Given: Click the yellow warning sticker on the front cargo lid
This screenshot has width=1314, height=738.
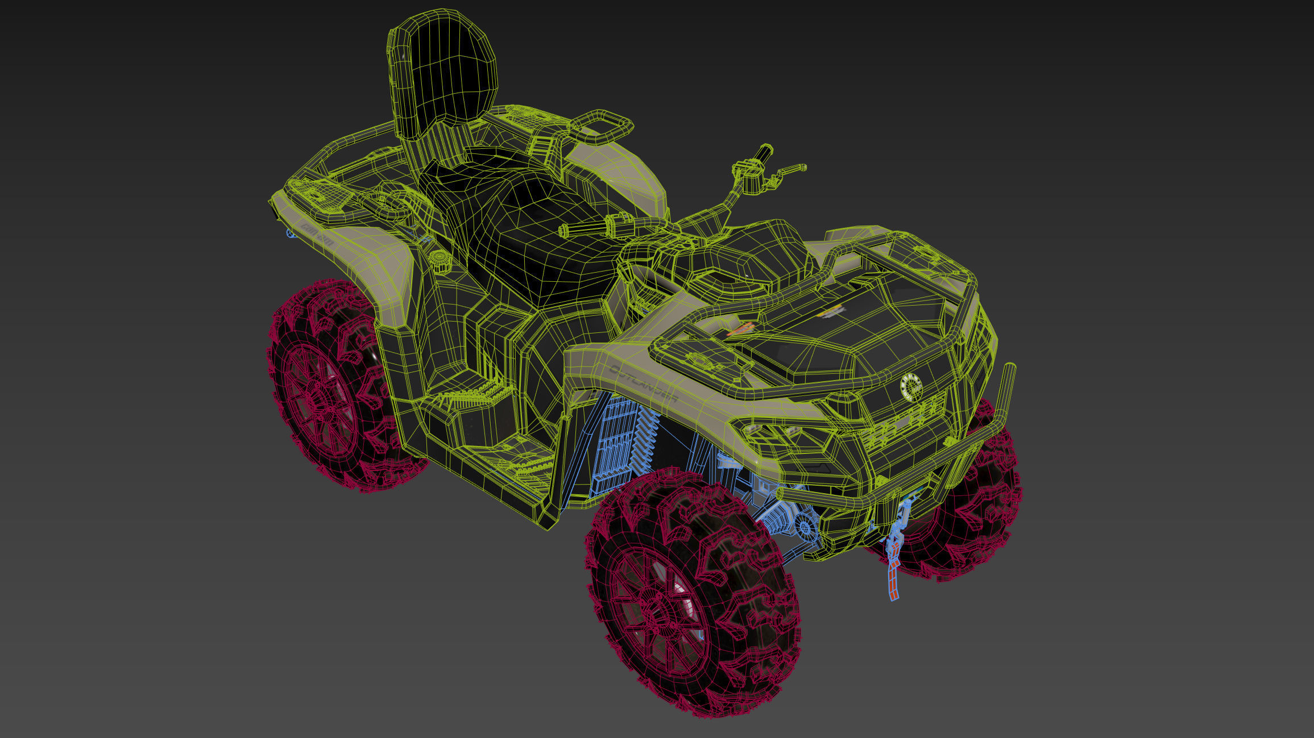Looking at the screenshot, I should (x=834, y=312).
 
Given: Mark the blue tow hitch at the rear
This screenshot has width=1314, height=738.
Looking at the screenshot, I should (x=291, y=233).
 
